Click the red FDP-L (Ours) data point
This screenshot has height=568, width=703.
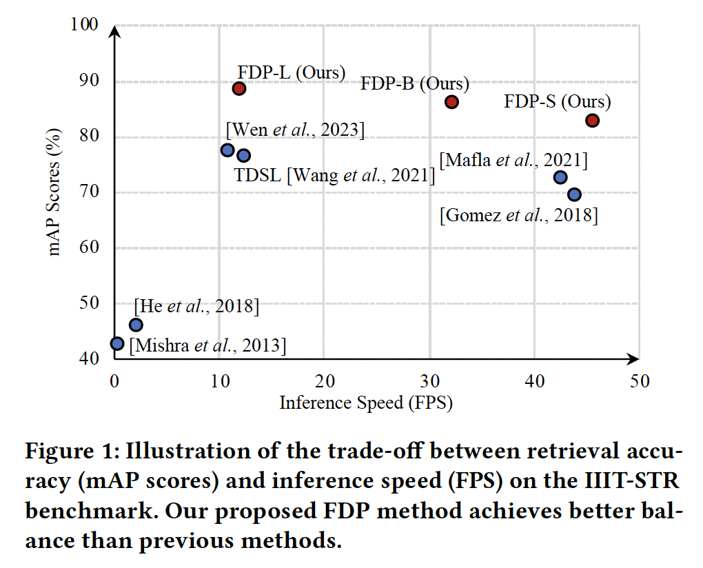coord(239,88)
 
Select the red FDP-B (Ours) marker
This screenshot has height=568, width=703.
coord(451,102)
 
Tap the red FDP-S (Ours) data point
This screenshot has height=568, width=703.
coord(592,121)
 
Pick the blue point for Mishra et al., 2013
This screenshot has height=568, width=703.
coord(117,343)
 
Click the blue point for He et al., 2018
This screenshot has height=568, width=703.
coord(136,325)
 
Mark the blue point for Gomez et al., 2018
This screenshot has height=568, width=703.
coord(574,195)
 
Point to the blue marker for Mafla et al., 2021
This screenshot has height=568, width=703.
coord(560,177)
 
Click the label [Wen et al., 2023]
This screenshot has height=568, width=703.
coord(295,129)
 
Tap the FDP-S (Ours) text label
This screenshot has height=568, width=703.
coord(558,102)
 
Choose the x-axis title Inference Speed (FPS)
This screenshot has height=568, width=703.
coord(365,403)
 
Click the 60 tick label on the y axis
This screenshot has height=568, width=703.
coord(90,248)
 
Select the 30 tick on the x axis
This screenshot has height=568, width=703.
coord(429,381)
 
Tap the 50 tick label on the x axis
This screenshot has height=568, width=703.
coord(640,381)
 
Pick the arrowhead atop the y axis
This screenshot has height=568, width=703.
coord(115,32)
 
